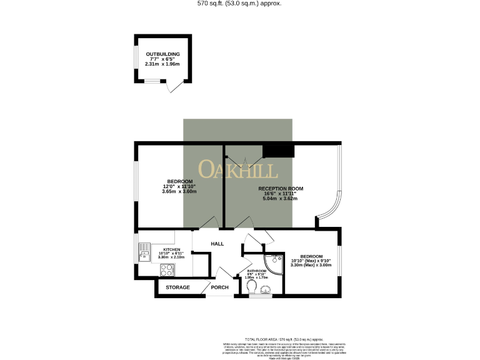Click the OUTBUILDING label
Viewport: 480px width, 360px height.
point(162,54)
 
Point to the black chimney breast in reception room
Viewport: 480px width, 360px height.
point(278,151)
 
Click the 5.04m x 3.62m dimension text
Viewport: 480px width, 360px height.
point(280,199)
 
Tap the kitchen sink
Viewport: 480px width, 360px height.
point(142,253)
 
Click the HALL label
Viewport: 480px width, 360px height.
point(217,243)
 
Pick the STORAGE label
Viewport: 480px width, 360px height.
point(177,288)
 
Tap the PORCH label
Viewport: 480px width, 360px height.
point(219,288)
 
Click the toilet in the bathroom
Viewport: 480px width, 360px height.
point(252,286)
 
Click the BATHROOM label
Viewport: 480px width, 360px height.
point(256,271)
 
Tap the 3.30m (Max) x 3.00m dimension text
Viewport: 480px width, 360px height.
point(311,265)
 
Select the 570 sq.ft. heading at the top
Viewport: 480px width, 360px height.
point(239,4)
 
